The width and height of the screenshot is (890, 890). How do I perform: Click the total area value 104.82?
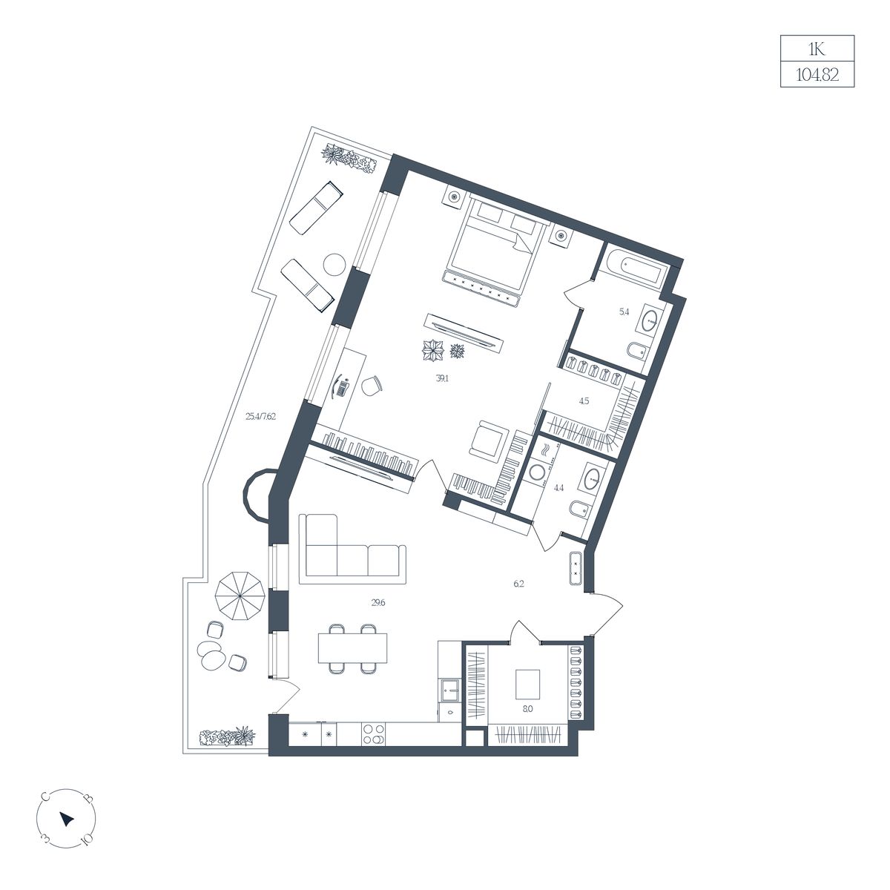tap(817, 74)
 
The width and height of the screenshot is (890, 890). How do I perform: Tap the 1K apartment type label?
tap(817, 49)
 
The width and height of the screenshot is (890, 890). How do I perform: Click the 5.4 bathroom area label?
tap(624, 311)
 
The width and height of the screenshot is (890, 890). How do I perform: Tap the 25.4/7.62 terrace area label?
tap(260, 416)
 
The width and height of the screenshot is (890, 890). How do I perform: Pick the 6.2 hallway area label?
tap(518, 584)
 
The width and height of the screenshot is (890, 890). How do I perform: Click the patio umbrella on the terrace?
tap(240, 597)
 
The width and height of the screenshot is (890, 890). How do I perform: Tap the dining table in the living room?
tap(352, 648)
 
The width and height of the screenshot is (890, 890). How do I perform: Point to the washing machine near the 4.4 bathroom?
tap(537, 472)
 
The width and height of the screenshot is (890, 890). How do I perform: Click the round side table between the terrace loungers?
tap(334, 266)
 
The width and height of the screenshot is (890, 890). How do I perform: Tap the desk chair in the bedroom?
tap(372, 385)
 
